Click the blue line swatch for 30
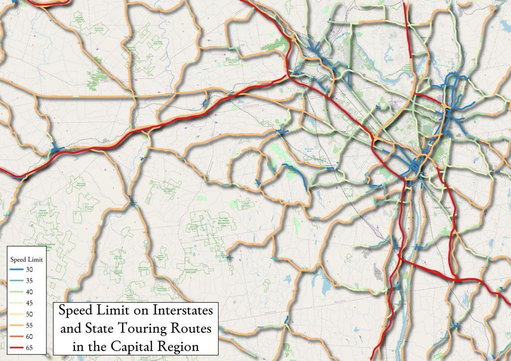[x=17, y=270]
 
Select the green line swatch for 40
[x=17, y=292]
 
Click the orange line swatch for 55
[x=17, y=325]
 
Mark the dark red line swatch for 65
[x=17, y=348]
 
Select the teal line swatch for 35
[x=17, y=281]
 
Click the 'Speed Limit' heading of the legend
[x=26, y=260]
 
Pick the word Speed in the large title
[x=75, y=311]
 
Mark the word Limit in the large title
[x=111, y=310]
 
